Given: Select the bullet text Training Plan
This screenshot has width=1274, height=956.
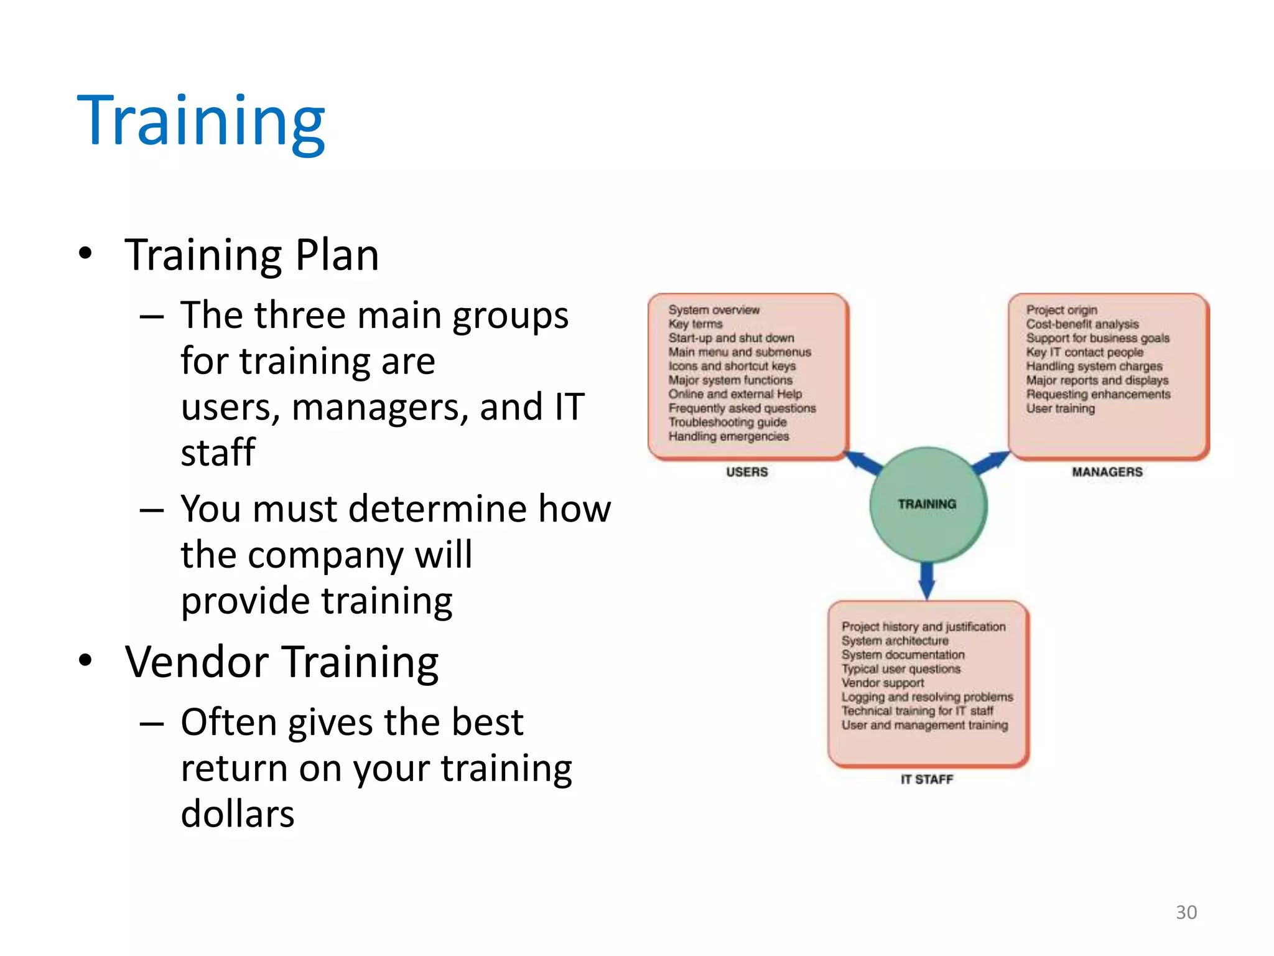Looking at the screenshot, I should tap(251, 255).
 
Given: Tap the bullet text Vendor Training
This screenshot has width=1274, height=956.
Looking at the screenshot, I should tap(282, 662).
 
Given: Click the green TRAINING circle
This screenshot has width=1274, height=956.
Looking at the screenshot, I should tap(927, 505).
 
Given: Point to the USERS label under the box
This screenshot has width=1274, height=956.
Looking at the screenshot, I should tap(746, 472).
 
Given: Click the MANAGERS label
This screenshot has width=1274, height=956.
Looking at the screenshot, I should tap(1107, 472).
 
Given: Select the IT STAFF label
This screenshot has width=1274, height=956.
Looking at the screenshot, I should tap(926, 779).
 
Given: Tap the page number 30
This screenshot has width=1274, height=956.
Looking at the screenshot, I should tap(1186, 912).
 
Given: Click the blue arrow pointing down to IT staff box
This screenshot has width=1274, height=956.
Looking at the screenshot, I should tap(927, 579).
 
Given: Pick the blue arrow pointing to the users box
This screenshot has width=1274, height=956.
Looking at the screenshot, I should tap(863, 462).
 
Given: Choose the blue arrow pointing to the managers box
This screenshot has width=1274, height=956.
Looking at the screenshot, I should tap(991, 462).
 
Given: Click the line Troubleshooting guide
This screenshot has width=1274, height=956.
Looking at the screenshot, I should tap(727, 422).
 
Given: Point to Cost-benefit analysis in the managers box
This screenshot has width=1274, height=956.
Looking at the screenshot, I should tap(1082, 324).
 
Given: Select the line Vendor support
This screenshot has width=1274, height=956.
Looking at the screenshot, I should tap(882, 683).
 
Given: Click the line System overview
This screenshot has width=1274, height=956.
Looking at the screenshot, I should tap(714, 309).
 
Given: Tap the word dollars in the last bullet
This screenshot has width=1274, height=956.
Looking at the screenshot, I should tap(237, 813).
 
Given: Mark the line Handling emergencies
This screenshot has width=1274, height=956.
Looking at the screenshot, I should tap(728, 436).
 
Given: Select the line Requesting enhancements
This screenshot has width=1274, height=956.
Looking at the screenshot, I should tap(1098, 394).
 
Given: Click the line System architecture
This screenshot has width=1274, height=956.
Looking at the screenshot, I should tap(895, 640).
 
